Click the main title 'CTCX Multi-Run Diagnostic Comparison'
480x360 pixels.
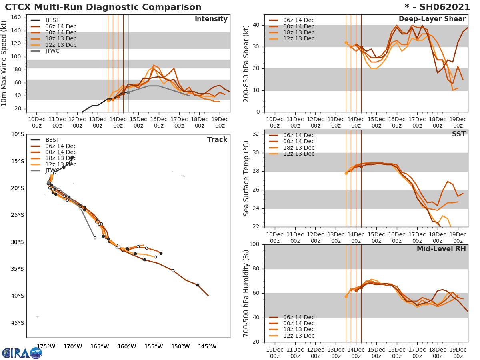coord(103,7)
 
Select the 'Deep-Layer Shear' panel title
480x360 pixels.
coord(432,19)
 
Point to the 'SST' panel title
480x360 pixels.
coord(459,134)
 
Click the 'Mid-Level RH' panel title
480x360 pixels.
coord(441,249)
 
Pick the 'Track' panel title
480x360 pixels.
coord(217,140)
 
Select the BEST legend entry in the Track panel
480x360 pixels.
coord(52,140)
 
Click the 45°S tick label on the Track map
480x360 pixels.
coord(17,323)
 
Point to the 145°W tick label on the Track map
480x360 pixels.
coord(207,346)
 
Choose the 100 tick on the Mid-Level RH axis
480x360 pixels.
coord(254,244)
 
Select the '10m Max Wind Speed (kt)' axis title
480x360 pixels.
coord(5,63)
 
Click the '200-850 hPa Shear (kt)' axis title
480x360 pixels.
coord(247,63)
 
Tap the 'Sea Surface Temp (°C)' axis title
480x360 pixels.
coord(247,178)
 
